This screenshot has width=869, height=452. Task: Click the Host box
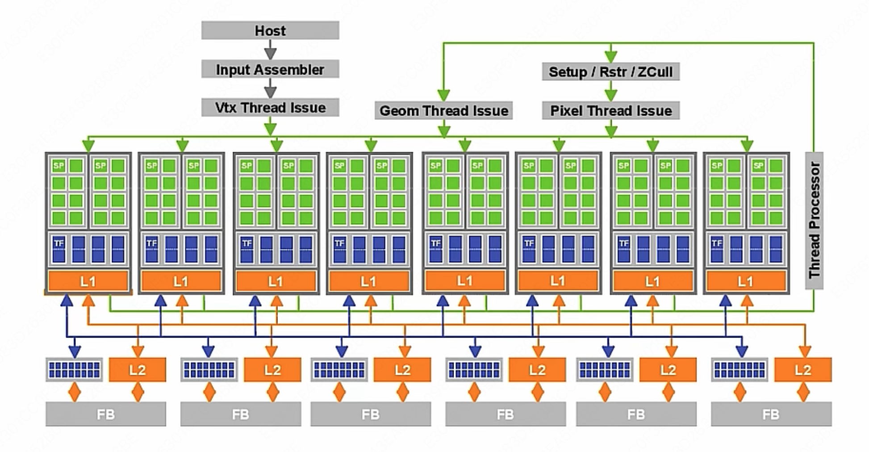270,30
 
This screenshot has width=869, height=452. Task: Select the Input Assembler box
270,69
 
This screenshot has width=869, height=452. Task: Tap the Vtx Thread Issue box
270,108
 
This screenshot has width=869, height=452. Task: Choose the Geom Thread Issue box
443,110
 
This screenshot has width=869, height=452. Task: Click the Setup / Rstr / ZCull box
610,71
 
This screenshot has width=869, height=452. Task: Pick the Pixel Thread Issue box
610,110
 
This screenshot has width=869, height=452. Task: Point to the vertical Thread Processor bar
814,220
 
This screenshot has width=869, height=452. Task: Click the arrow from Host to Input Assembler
270,50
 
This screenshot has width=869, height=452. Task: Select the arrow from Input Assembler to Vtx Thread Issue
270,88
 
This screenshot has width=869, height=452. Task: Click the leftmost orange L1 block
88,281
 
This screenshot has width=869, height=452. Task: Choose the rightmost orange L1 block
746,281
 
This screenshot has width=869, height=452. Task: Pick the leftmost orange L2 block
138,369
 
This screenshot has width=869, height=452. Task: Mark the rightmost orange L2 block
803,369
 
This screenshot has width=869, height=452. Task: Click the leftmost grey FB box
106,414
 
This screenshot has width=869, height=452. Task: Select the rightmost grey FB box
771,414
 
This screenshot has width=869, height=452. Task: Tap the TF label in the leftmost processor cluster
59,243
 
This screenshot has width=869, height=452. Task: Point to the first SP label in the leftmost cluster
58,166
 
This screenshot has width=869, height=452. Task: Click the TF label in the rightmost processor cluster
717,243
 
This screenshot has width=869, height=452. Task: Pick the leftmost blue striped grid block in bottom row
74,369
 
